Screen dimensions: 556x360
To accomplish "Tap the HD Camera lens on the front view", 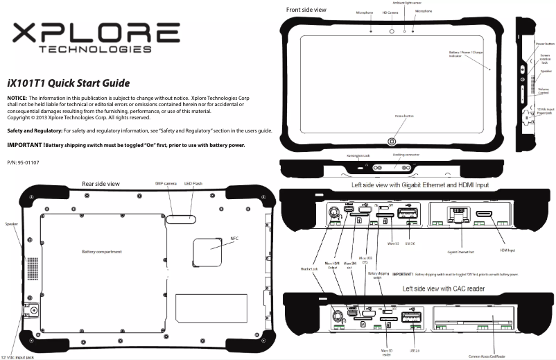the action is tap(392, 32).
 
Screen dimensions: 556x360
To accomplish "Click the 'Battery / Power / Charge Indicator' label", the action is tap(465, 53).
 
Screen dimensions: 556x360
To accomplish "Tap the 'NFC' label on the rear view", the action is tap(234, 238).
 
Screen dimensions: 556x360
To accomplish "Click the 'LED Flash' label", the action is tap(193, 183).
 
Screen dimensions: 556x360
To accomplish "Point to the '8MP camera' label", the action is tap(167, 183).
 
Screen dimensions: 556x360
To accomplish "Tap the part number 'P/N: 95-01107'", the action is tap(24, 162).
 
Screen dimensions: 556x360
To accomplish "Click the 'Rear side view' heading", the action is tap(101, 184).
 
